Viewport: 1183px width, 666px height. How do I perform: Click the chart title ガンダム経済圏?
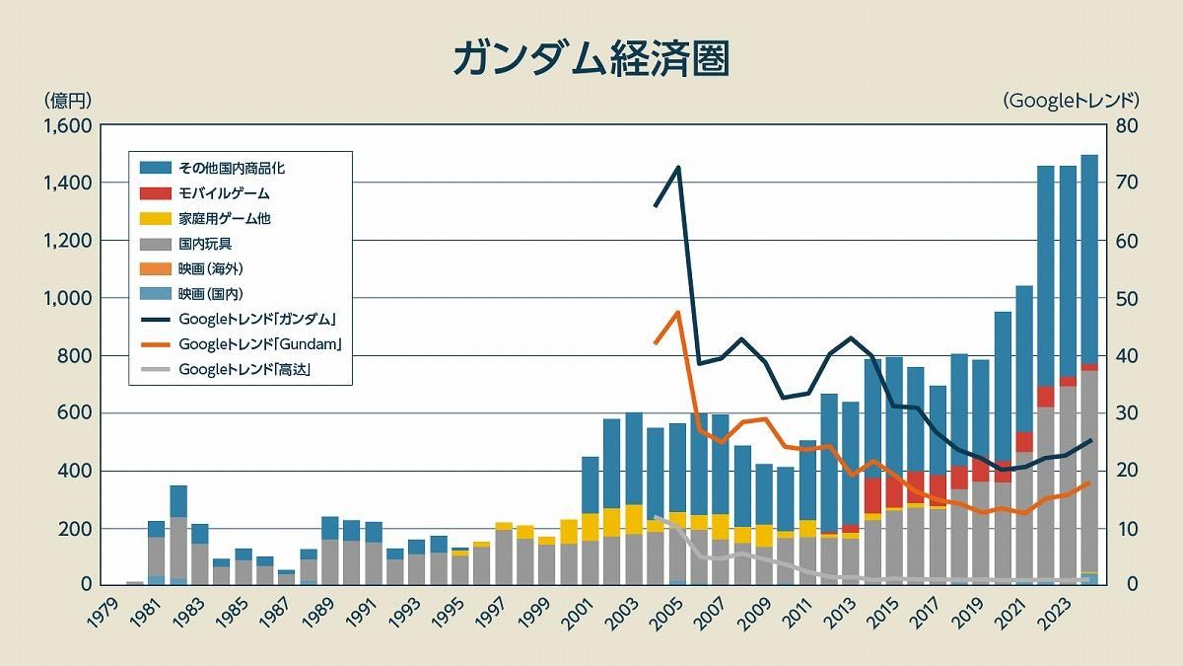point(591,58)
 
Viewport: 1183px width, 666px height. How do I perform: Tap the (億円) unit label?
point(67,100)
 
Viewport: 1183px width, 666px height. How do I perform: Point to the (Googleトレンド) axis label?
point(1071,100)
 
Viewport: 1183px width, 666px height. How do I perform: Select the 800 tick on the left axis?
point(76,355)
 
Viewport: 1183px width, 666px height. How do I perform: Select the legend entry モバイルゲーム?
point(224,193)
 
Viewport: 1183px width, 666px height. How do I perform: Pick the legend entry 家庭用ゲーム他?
point(224,218)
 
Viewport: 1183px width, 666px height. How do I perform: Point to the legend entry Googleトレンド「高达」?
point(251,370)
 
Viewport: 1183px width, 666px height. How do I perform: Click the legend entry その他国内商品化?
point(232,168)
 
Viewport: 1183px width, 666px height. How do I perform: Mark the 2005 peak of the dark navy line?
point(677,168)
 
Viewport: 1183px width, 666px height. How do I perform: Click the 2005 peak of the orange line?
point(677,312)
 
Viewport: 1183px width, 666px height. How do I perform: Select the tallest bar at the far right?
point(1089,370)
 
